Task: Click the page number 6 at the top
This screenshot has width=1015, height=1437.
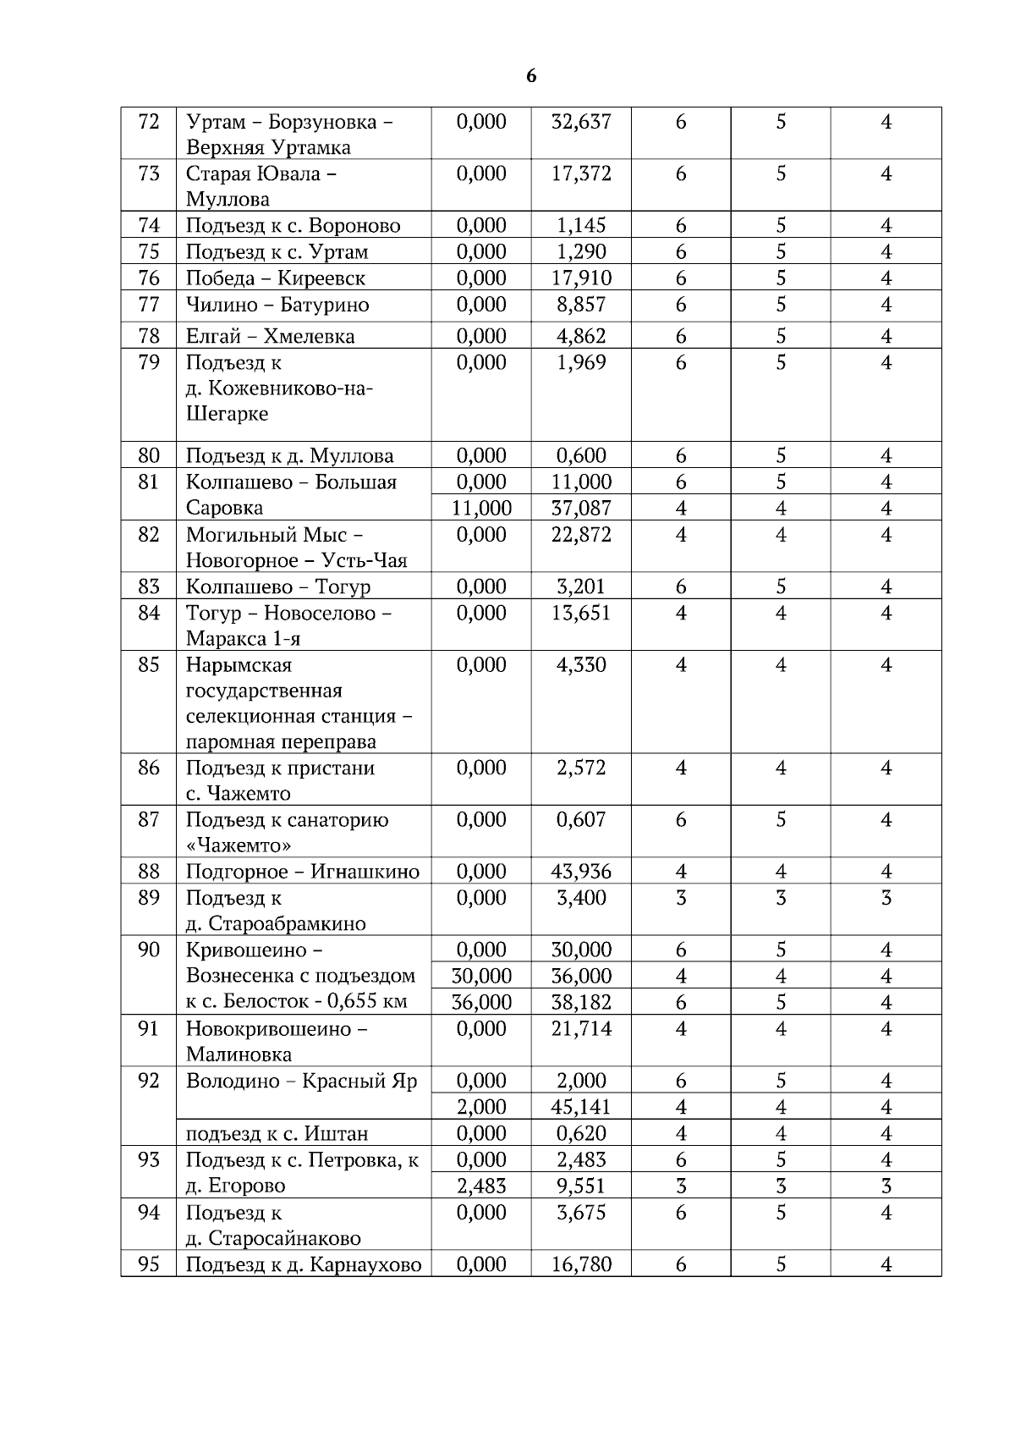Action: tap(531, 76)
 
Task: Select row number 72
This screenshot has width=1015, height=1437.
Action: tap(148, 122)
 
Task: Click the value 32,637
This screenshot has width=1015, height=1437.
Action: tap(580, 122)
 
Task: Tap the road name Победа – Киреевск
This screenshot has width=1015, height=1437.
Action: tap(276, 278)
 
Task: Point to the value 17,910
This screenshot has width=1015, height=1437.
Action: tap(580, 278)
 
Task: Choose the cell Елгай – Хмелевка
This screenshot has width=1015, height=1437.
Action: tap(270, 337)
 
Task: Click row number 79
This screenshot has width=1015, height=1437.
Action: tap(148, 363)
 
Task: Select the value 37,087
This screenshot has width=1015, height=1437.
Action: tap(580, 509)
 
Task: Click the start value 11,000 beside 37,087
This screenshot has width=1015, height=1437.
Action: tap(481, 509)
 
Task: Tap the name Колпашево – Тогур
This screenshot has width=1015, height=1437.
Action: tap(278, 587)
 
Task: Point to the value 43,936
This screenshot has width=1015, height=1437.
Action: tap(580, 872)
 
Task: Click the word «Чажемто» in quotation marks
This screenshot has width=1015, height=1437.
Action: tap(239, 846)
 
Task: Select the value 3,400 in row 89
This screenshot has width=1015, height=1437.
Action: tap(580, 898)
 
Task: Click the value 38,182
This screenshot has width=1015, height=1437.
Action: tap(580, 1003)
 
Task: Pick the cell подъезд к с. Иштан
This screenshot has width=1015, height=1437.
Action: tap(277, 1134)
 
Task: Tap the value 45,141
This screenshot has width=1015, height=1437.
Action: tap(580, 1108)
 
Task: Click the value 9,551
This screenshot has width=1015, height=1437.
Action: tap(580, 1186)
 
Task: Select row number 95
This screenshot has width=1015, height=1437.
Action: tap(148, 1265)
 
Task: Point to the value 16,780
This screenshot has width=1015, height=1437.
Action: tap(580, 1265)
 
